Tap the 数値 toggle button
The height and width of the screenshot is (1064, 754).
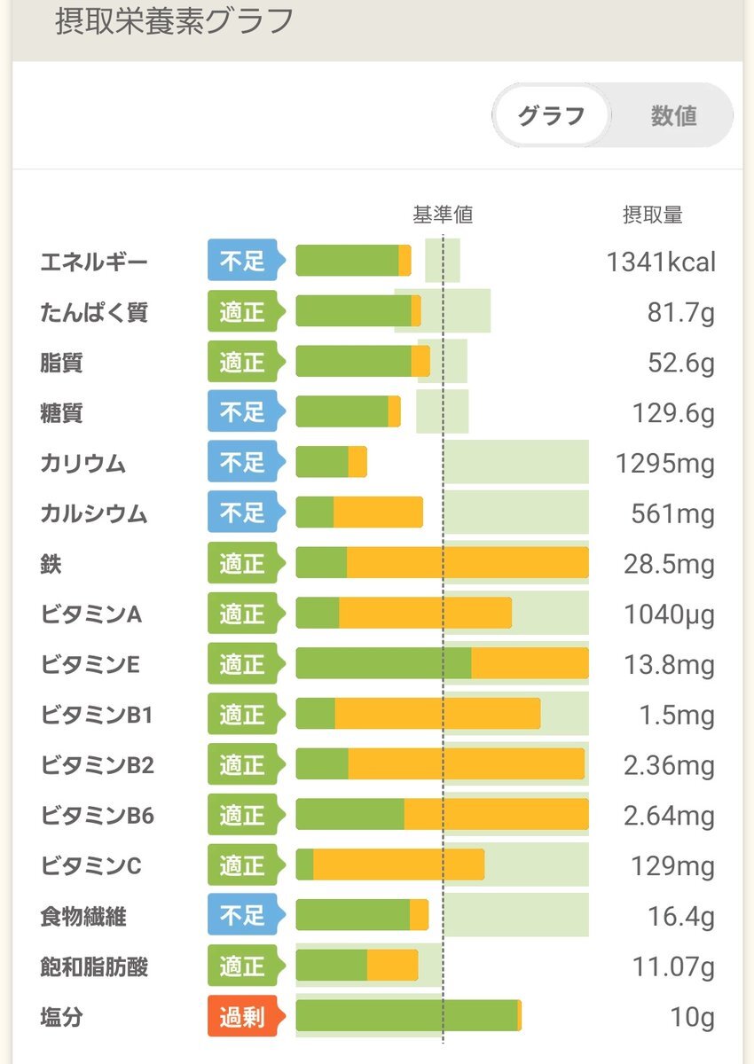click(x=673, y=115)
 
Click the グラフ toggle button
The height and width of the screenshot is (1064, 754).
click(x=551, y=115)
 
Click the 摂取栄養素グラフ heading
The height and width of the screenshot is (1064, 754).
click(x=175, y=21)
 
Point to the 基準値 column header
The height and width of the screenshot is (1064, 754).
click(x=443, y=215)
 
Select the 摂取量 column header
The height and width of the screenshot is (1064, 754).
click(x=653, y=215)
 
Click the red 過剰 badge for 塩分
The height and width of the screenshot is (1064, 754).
click(x=241, y=1016)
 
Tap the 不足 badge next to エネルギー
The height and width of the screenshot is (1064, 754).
click(x=241, y=262)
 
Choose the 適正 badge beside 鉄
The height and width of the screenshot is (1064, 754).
click(x=241, y=564)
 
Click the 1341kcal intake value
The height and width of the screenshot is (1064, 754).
click(x=661, y=262)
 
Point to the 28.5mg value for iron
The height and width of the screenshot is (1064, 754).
click(x=669, y=564)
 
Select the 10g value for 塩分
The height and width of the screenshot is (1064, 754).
click(x=693, y=1017)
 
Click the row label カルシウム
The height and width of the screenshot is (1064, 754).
click(x=93, y=513)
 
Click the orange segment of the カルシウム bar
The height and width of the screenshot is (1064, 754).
click(x=378, y=513)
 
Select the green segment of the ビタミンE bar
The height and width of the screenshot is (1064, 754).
click(x=383, y=664)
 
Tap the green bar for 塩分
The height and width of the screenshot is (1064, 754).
click(x=405, y=1016)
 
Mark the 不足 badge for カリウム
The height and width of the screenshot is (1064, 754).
click(x=241, y=463)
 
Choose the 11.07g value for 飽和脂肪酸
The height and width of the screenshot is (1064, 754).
click(x=673, y=966)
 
